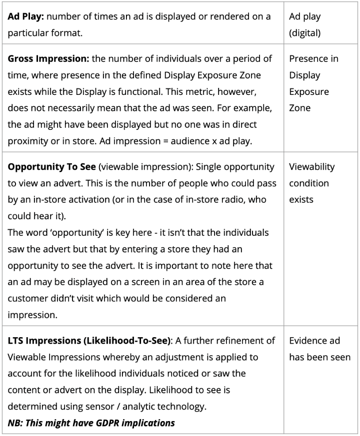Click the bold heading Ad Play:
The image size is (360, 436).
(x=26, y=16)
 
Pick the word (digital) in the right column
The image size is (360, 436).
(x=305, y=33)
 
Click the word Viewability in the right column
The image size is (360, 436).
(x=312, y=167)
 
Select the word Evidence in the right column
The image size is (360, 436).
(x=307, y=341)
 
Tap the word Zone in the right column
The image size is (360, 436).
(x=300, y=108)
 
